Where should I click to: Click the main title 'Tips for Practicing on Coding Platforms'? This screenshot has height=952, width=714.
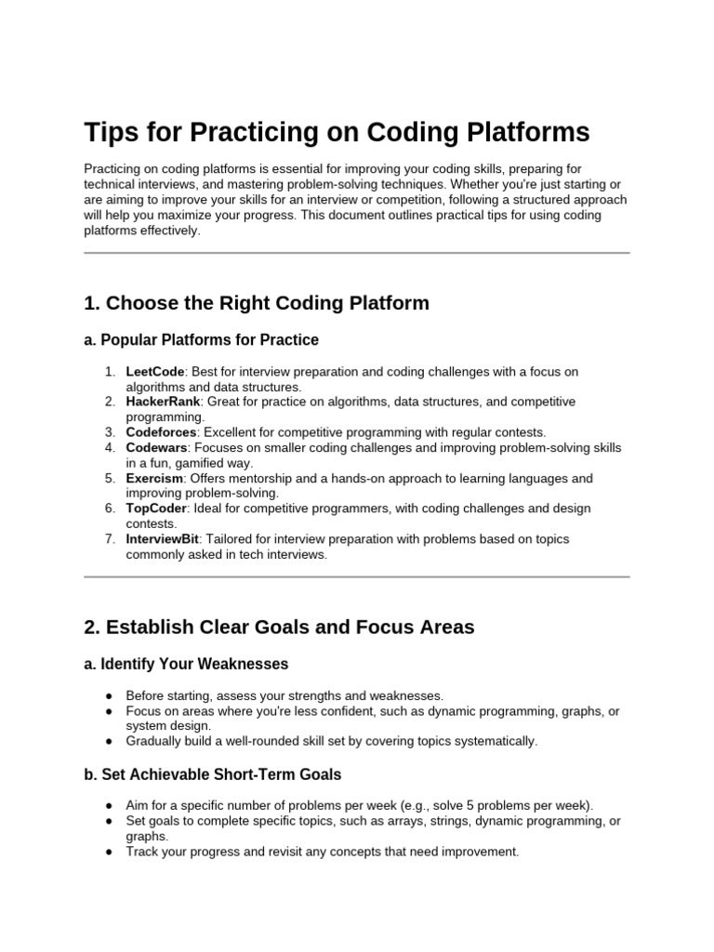coord(337,132)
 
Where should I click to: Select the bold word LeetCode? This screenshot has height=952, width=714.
coord(155,372)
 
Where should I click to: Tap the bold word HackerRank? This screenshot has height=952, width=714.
coord(163,402)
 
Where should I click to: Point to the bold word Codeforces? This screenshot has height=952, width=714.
coord(161,432)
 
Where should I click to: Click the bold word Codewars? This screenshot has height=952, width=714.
coord(155,448)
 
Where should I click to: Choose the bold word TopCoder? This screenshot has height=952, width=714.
coord(156,509)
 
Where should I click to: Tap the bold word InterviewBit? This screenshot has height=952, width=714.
coord(162,539)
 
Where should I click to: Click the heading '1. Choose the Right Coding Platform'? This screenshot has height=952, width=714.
coord(257,303)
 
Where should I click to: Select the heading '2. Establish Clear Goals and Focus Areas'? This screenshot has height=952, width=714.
coord(279,628)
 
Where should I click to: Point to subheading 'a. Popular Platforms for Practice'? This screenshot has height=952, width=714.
coord(201,340)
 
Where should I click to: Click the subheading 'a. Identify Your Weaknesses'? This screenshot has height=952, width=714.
coord(186,665)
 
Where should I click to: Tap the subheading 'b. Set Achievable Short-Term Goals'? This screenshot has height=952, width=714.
coord(213,774)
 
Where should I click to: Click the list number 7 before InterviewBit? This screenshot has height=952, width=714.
coord(109,539)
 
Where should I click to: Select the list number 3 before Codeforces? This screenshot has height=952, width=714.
coord(109,432)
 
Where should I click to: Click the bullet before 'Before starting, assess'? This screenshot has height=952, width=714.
coord(110,695)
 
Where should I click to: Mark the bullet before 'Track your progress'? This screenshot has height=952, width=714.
coord(110,852)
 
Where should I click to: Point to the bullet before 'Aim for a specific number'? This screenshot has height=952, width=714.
coord(110,806)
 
